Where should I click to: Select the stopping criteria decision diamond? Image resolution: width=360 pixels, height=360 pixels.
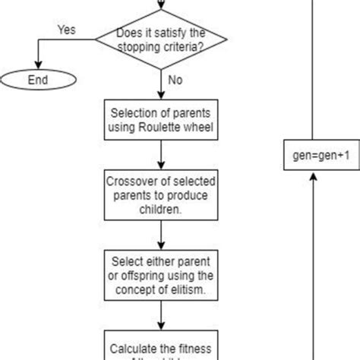tap(161, 40)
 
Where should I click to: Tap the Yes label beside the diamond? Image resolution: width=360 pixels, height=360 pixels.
tap(66, 30)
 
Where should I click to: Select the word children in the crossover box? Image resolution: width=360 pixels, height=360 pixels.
tap(161, 210)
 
